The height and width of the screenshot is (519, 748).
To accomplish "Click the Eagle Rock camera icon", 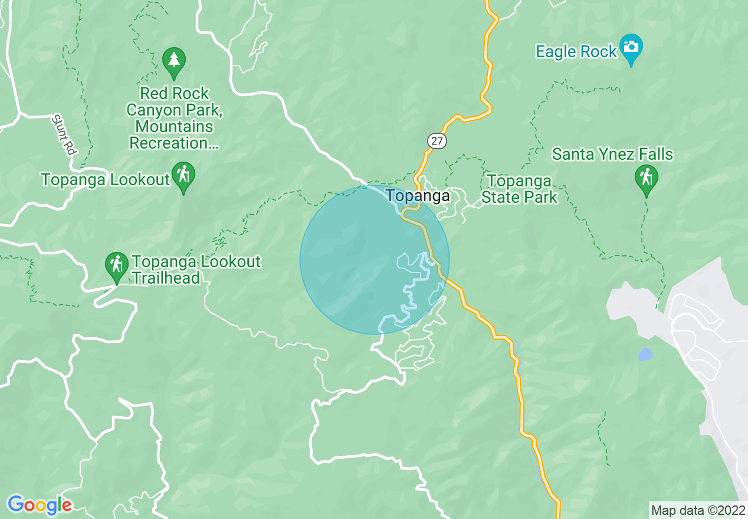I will point(631,47).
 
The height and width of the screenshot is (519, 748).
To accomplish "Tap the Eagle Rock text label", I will point(576,52).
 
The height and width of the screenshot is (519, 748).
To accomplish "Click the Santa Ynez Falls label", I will point(612,155).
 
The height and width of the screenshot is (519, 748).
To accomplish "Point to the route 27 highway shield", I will point(437,140).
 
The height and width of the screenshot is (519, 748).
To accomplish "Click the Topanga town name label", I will point(418,196).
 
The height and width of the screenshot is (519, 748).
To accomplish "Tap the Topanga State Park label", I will point(519,189).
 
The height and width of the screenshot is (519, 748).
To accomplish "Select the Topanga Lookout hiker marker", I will point(184,176).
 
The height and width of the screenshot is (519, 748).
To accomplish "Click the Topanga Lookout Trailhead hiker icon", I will point(117,265).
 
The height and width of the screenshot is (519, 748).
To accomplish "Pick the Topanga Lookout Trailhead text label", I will point(196,270).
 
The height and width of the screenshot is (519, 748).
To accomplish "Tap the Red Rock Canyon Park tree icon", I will point(173,61).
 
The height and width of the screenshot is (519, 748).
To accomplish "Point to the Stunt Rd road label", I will point(63,134).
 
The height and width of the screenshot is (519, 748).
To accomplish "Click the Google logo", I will point(40,505).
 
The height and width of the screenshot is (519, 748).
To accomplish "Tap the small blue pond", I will point(645,354).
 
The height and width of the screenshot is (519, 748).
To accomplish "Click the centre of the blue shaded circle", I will point(375,259).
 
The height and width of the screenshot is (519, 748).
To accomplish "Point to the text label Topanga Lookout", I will point(106,180).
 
